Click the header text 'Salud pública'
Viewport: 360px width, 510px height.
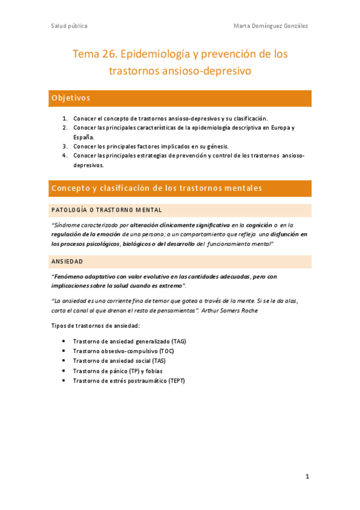69,26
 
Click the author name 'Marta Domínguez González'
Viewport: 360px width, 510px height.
270,26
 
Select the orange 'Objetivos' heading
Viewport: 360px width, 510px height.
71,98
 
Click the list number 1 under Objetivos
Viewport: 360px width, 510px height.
65,118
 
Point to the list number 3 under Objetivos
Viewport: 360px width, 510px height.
65,146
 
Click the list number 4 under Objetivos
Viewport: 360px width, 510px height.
65,155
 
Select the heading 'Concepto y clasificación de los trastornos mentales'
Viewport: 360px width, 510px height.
157,188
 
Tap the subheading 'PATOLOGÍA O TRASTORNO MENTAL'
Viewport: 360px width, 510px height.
106,210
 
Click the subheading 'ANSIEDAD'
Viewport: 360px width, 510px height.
67,262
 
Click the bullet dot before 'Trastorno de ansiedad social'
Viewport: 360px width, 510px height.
64,361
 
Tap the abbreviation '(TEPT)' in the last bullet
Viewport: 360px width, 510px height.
178,381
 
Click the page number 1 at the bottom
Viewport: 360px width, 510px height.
307,477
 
